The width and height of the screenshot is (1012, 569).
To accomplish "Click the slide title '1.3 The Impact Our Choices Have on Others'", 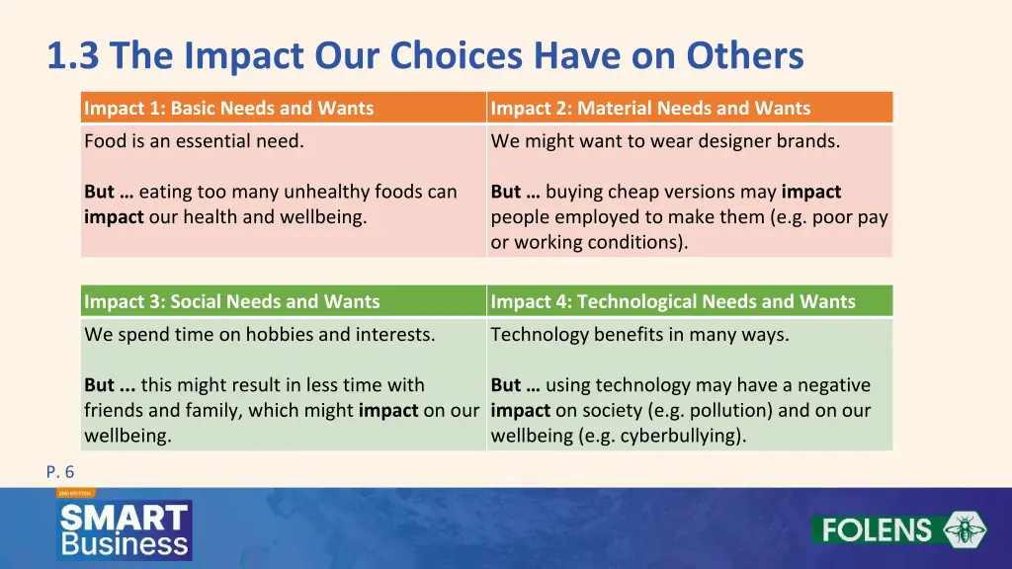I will click(x=425, y=56).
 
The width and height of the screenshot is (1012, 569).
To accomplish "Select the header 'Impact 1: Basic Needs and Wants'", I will click(x=229, y=109).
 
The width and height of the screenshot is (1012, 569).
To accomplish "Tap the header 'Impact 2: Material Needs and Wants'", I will click(x=650, y=109).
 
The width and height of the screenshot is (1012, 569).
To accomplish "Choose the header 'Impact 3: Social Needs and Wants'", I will click(x=232, y=301).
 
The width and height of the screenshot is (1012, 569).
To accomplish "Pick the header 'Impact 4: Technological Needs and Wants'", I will click(x=673, y=301).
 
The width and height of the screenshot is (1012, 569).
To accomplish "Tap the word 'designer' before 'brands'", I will click(x=732, y=141).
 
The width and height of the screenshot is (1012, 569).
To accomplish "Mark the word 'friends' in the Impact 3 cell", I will click(x=114, y=410).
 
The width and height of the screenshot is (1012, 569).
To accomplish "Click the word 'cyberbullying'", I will click(x=681, y=436).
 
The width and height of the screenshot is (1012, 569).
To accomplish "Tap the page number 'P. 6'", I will click(x=59, y=472).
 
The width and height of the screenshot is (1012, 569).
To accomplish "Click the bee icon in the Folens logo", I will click(x=964, y=529).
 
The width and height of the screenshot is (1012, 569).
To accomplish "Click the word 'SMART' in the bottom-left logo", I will click(x=124, y=518).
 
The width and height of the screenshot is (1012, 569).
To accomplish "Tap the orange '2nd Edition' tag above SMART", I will click(x=74, y=492).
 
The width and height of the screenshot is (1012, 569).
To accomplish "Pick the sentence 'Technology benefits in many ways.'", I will click(x=639, y=335).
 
